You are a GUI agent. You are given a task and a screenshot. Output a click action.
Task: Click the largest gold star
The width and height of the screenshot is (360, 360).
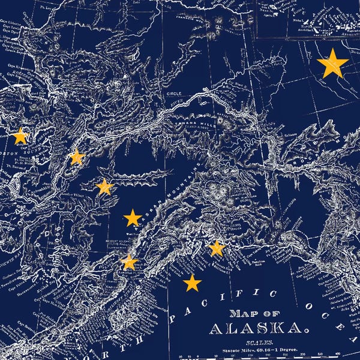332,64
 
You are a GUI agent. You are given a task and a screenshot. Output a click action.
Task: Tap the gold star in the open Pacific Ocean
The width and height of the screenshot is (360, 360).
192,283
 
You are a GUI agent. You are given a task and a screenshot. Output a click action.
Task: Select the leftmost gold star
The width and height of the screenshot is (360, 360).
20,136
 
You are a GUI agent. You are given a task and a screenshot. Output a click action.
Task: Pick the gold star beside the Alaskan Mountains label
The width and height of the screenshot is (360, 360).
132,217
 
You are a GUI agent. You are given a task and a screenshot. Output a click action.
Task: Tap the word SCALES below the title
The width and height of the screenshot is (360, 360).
253,342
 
